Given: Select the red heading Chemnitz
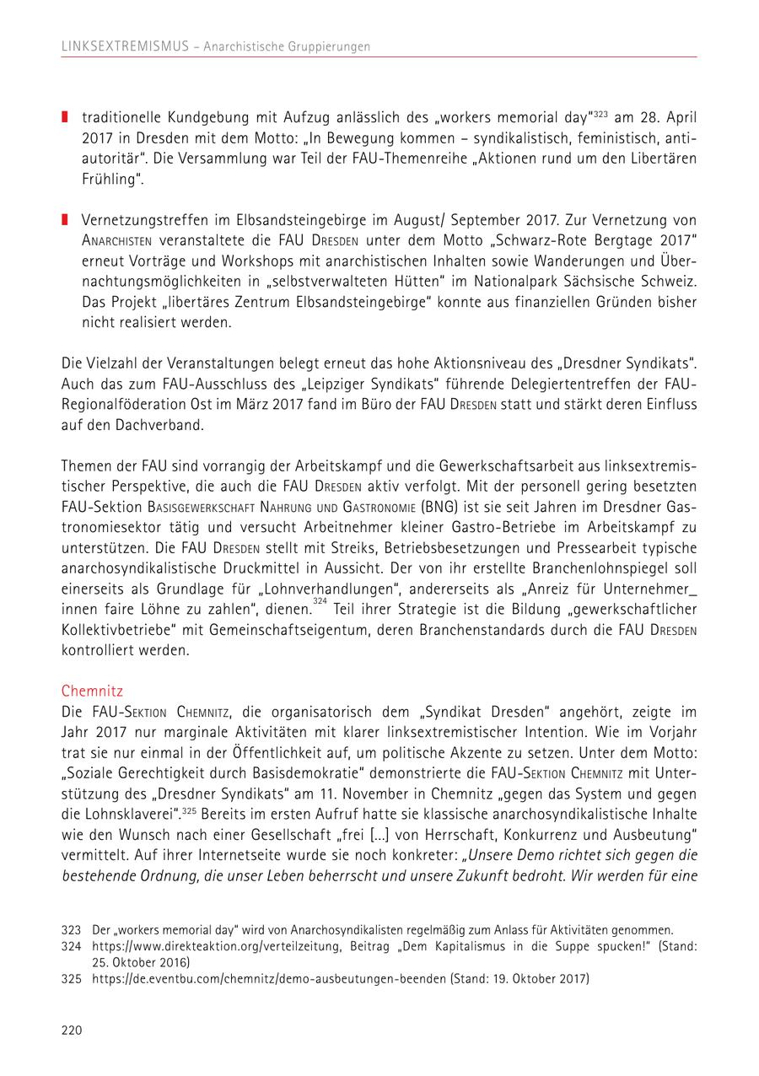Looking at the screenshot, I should pyautogui.click(x=92, y=690).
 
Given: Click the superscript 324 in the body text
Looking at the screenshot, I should pyautogui.click(x=320, y=601).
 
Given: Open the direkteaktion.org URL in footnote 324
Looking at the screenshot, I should pyautogui.click(x=210, y=946).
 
